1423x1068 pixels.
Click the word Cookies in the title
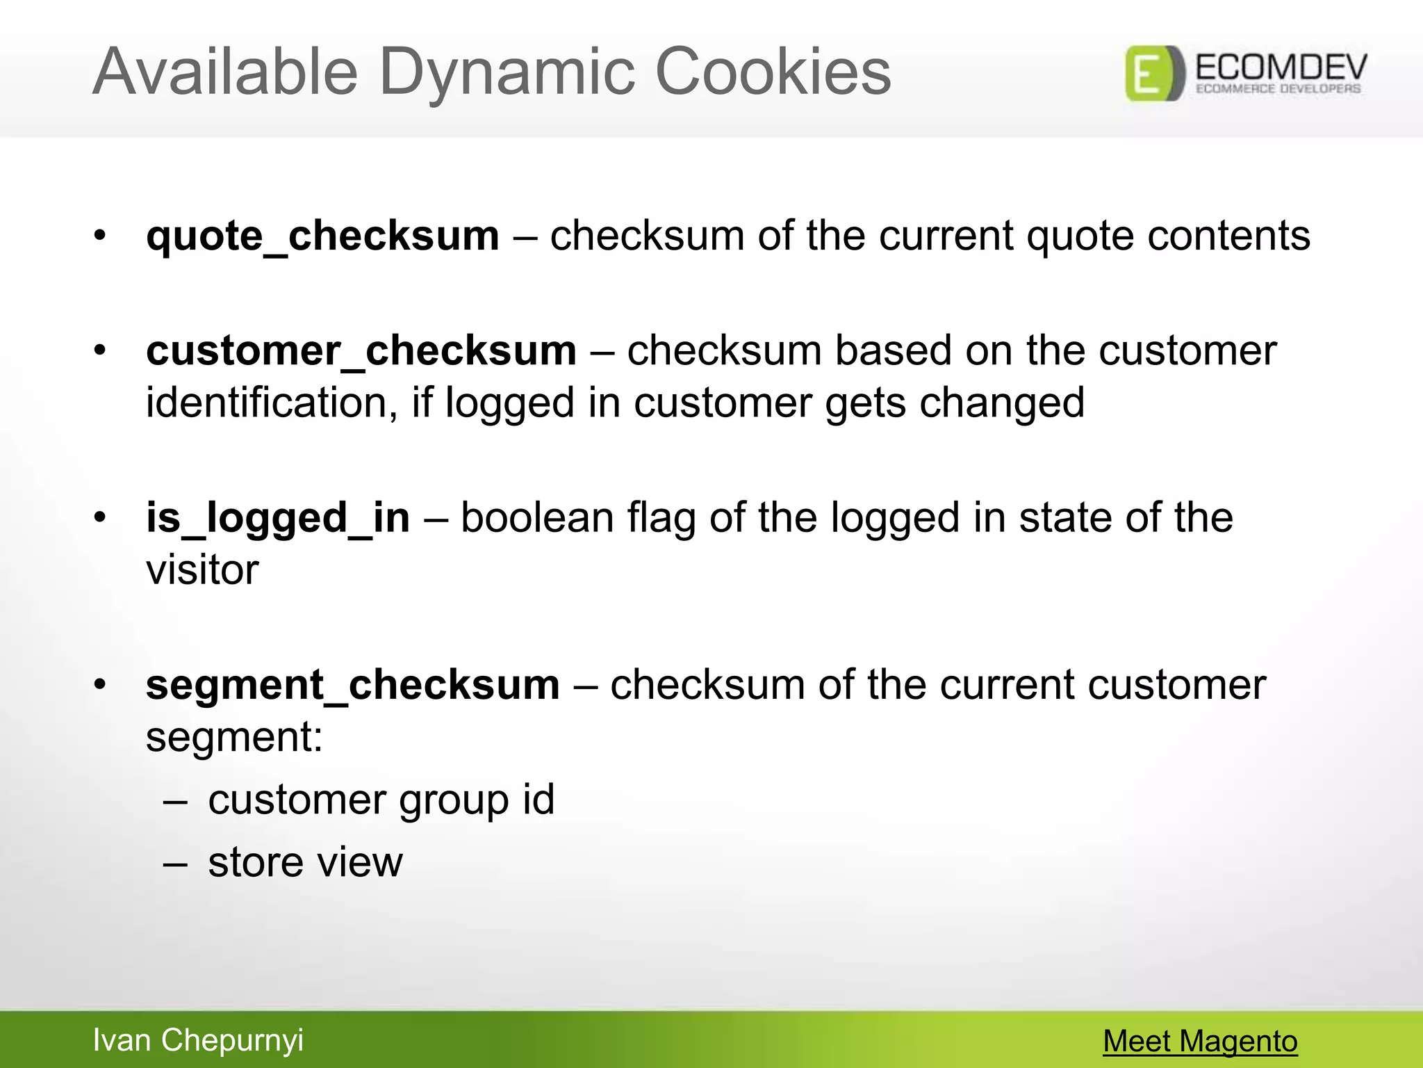pos(773,72)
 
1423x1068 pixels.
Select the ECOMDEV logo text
pos(1281,68)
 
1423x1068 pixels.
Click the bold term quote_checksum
pos(322,236)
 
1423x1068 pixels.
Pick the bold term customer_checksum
pos(361,350)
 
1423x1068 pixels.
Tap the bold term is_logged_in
pos(278,519)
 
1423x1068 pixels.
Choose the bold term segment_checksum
pos(352,686)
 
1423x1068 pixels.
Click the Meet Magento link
pos(1200,1042)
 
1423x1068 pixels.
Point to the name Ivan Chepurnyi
pos(198,1040)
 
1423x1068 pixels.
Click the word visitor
pos(202,570)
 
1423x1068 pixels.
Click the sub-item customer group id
pos(381,800)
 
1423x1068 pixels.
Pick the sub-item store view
pos(305,863)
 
